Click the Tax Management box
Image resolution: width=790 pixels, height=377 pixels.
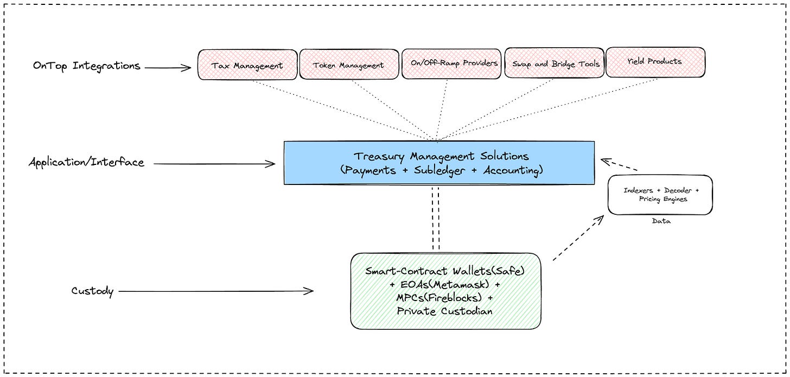point(247,65)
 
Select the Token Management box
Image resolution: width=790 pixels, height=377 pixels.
point(348,65)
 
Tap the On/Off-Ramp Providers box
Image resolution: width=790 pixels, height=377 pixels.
point(451,63)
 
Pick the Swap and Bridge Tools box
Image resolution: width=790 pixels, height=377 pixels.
point(556,63)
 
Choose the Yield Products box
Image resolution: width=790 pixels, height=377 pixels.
point(654,62)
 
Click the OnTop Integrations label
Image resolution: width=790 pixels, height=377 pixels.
point(87,66)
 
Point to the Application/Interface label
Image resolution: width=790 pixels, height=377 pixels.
point(87,162)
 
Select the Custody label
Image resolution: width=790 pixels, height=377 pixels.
point(92,291)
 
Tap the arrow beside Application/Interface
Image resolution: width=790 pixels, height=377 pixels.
point(214,163)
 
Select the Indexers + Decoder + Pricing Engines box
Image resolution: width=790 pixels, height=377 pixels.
point(660,195)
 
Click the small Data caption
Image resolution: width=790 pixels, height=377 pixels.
point(661,221)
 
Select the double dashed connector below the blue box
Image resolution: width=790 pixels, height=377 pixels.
point(436,218)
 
